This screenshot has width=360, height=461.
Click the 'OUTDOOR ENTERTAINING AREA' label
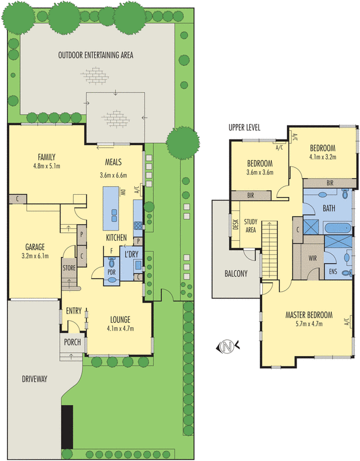[96, 55]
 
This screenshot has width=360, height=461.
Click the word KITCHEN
[116, 237]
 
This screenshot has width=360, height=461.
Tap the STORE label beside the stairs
[69, 268]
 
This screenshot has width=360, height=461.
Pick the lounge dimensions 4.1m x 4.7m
[120, 329]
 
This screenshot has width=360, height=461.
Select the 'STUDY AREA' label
[251, 225]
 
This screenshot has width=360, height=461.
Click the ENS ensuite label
[332, 270]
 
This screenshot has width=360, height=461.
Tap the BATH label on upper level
[329, 208]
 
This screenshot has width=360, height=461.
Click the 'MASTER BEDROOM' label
[309, 315]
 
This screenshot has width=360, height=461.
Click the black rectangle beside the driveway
[67, 427]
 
